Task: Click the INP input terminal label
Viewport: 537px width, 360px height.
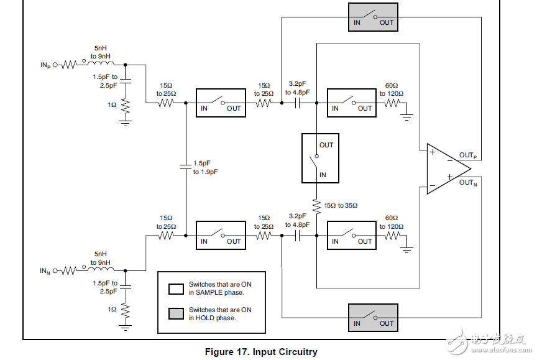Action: [45, 65]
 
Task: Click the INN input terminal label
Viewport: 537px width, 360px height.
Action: [45, 270]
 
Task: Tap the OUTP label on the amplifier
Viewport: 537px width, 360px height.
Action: [468, 155]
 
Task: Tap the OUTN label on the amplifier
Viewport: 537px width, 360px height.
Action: [468, 182]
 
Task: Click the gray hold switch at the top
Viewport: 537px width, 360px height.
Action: [373, 17]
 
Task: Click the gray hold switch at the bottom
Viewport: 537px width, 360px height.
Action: [373, 318]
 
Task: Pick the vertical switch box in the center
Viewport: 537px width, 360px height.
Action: [320, 158]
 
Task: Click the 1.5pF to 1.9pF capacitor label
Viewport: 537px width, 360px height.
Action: [206, 167]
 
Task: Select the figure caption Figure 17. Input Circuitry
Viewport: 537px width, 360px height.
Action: [261, 352]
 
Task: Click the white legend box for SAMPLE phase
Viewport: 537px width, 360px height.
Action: [176, 288]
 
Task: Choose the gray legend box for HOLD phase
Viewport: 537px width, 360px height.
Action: [176, 313]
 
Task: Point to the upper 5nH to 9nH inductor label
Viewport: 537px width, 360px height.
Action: [101, 52]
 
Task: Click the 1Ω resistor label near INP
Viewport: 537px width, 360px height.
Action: [112, 104]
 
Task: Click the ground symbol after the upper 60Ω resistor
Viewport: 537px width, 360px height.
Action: [408, 114]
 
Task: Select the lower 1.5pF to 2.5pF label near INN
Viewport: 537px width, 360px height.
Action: [104, 287]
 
